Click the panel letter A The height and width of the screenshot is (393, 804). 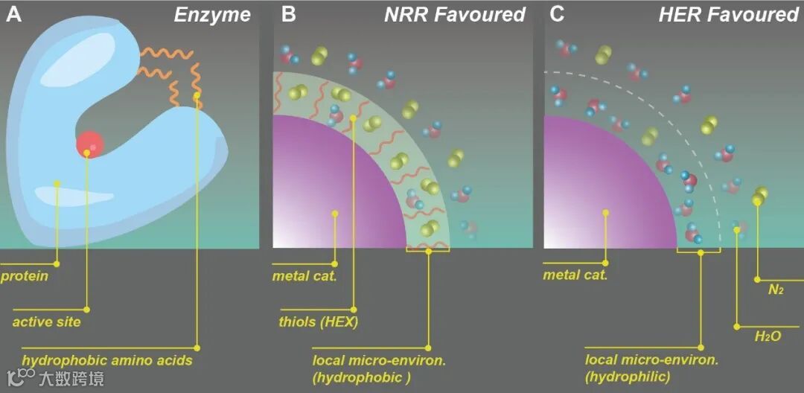tap(13, 15)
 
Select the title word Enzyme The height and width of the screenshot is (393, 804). tap(212, 15)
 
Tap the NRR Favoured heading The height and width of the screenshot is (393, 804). tap(454, 15)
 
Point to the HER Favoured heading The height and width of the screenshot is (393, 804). tap(728, 15)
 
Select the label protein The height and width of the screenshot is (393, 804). tap(24, 276)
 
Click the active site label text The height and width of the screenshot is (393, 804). tap(46, 322)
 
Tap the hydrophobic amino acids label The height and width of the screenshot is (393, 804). tap(107, 360)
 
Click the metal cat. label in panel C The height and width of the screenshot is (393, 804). tap(575, 275)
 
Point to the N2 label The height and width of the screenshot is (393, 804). tap(775, 289)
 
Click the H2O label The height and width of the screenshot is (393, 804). tap(768, 336)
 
